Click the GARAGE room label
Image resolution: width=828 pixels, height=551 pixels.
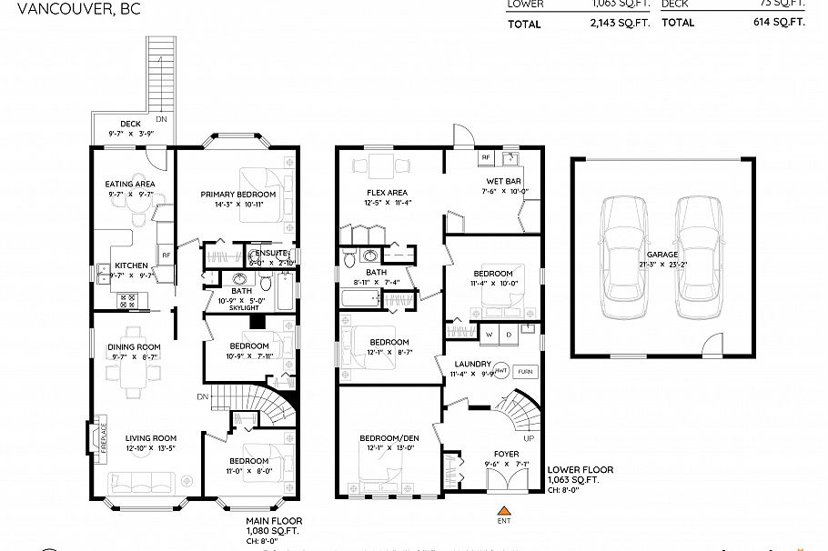(661, 255)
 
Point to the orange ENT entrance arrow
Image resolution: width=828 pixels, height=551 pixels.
(502, 510)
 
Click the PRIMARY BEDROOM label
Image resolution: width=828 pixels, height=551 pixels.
(237, 195)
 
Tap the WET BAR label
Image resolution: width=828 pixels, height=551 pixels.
(501, 181)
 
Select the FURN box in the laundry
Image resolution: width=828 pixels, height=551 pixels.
(525, 372)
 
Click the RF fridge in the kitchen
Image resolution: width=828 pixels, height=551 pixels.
(166, 255)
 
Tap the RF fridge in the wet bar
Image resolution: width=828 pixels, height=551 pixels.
(486, 157)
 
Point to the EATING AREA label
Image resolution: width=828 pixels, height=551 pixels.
(131, 184)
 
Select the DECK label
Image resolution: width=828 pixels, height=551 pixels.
(131, 125)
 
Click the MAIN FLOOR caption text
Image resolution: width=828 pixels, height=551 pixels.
(272, 521)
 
